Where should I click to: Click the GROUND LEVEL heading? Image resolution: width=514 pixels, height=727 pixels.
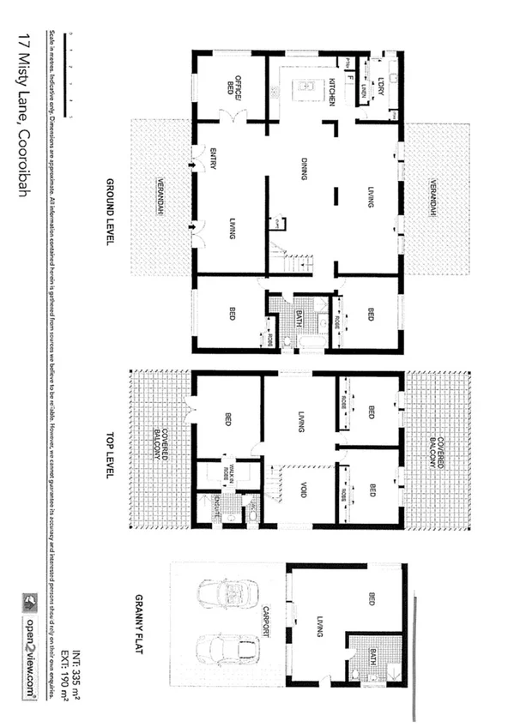[x=111, y=213]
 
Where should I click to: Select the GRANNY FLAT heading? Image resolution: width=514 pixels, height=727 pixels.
[x=138, y=623]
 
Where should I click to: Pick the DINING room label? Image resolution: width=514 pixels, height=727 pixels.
[x=303, y=168]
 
